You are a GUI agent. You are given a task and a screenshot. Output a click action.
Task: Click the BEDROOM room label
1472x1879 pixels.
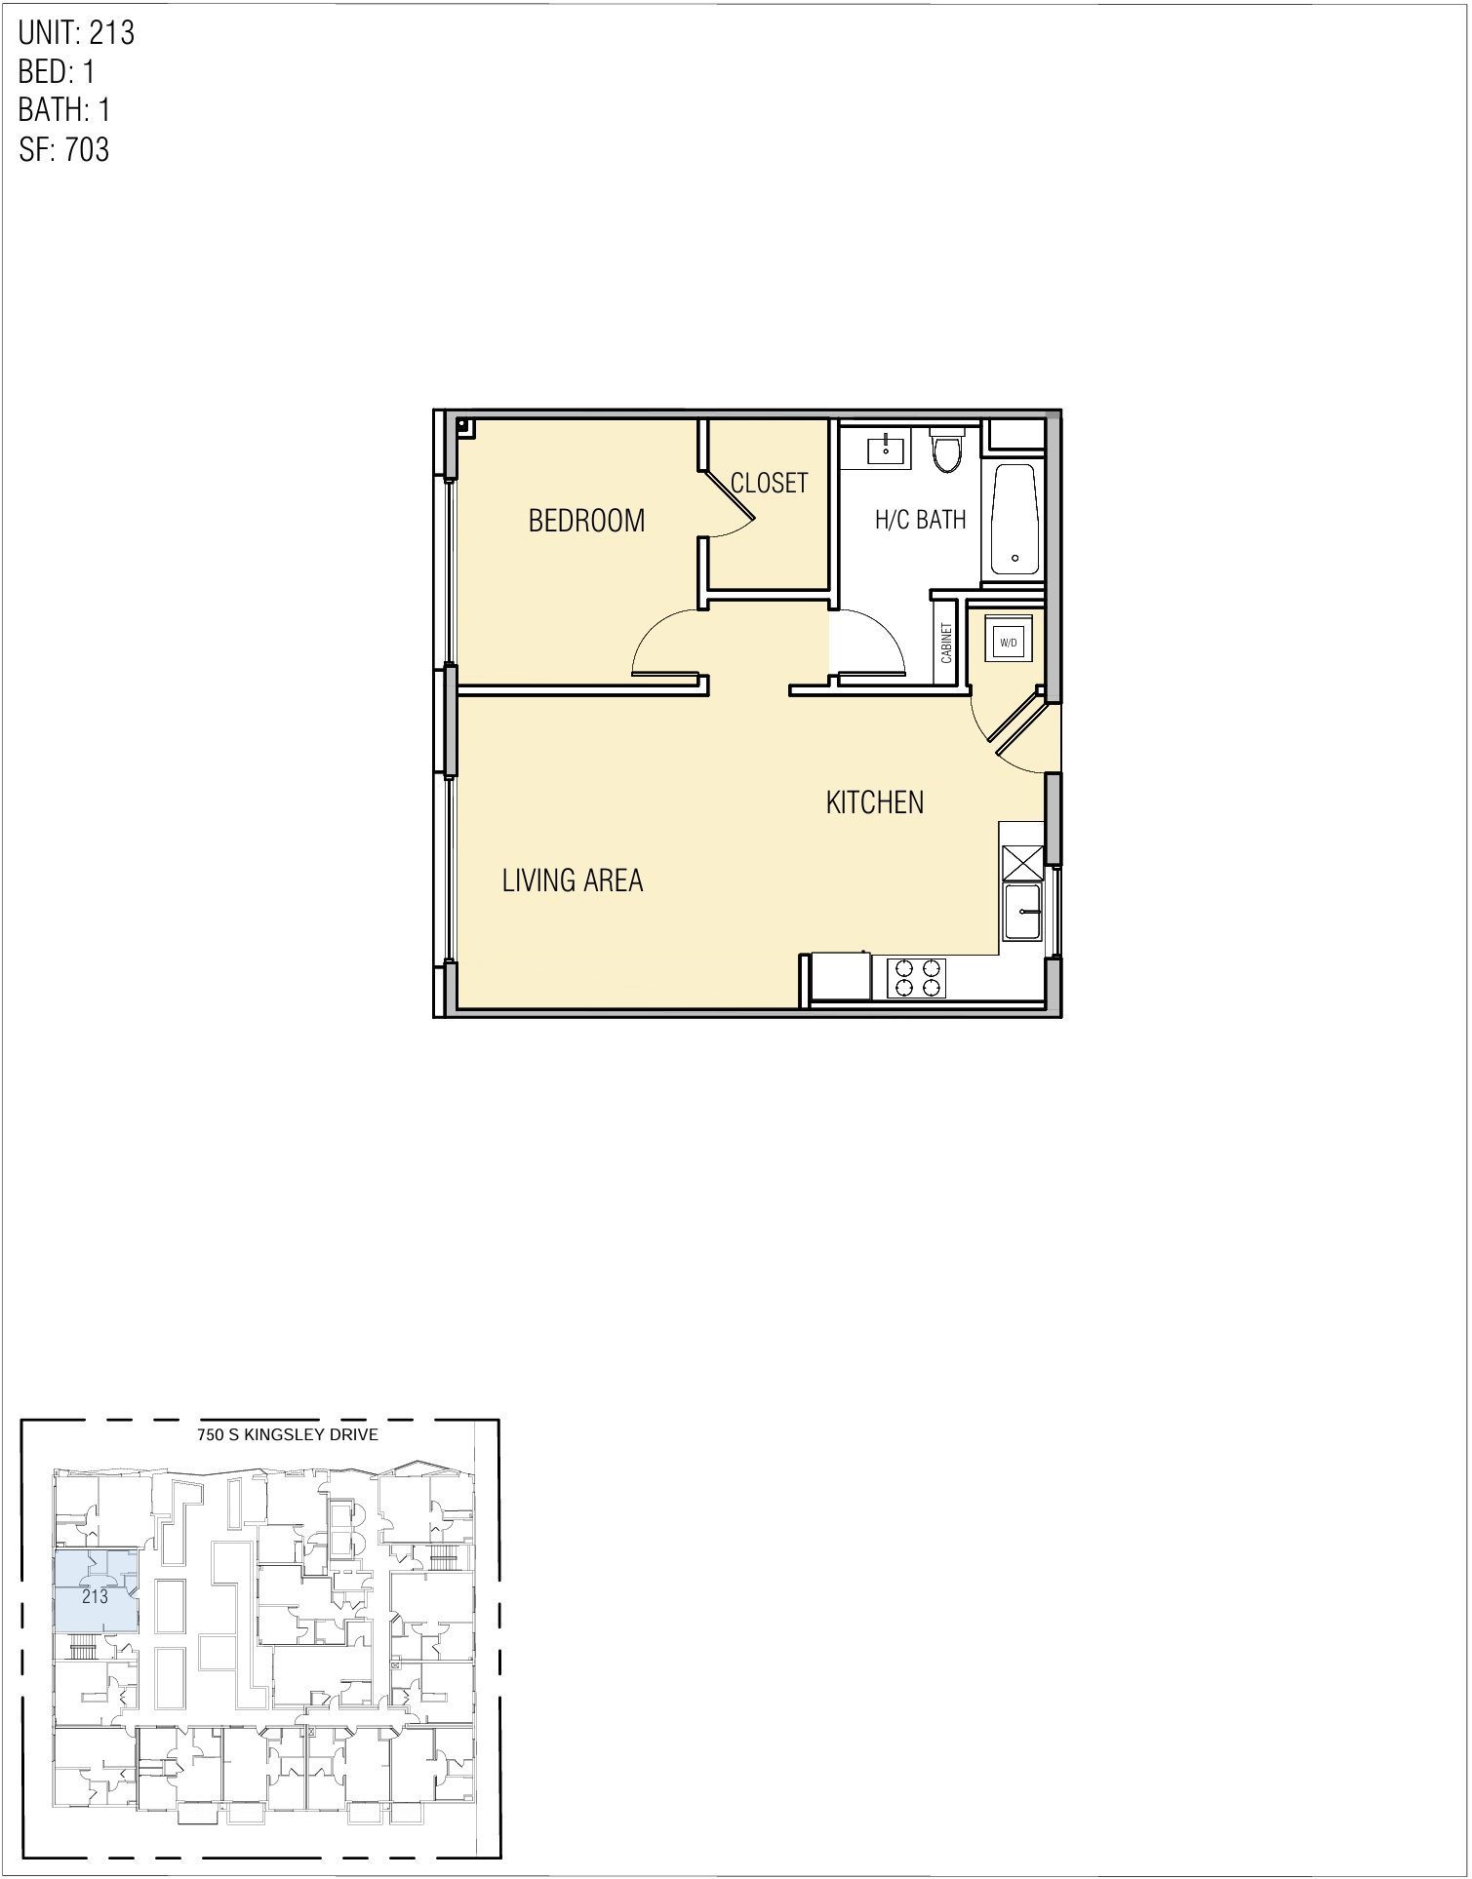(x=586, y=521)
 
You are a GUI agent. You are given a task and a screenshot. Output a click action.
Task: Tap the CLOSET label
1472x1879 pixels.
(x=770, y=483)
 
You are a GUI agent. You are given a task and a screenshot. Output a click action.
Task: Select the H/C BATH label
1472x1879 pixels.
(x=920, y=519)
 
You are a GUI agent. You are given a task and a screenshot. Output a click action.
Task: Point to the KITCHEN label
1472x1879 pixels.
(x=874, y=802)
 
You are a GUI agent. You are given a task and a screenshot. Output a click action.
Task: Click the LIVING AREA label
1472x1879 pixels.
(x=573, y=881)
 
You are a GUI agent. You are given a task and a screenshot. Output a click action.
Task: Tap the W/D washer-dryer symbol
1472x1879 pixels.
(x=1008, y=642)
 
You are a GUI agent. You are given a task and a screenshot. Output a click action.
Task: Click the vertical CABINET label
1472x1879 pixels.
(x=946, y=644)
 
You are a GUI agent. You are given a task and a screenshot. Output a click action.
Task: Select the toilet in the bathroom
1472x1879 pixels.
(x=945, y=451)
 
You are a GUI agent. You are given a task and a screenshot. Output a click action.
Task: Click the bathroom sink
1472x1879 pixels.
(x=886, y=450)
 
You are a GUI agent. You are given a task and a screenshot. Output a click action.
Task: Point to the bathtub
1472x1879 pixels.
(x=1015, y=520)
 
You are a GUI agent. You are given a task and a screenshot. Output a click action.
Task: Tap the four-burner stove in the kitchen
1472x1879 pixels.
(x=917, y=979)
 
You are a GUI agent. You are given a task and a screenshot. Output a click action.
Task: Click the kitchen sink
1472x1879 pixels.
(x=1023, y=912)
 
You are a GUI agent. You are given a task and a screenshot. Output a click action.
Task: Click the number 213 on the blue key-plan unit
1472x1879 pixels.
(x=95, y=1597)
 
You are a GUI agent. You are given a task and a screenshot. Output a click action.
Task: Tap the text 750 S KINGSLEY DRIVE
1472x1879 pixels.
(x=287, y=1434)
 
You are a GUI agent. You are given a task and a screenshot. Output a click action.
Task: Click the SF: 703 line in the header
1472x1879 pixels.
(x=64, y=150)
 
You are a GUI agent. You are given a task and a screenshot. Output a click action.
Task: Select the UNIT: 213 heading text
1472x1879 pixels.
(x=76, y=33)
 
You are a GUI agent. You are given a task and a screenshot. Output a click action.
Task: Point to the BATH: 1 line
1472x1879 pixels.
(x=64, y=110)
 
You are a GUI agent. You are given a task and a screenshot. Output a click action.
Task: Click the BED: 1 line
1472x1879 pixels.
(x=57, y=72)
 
